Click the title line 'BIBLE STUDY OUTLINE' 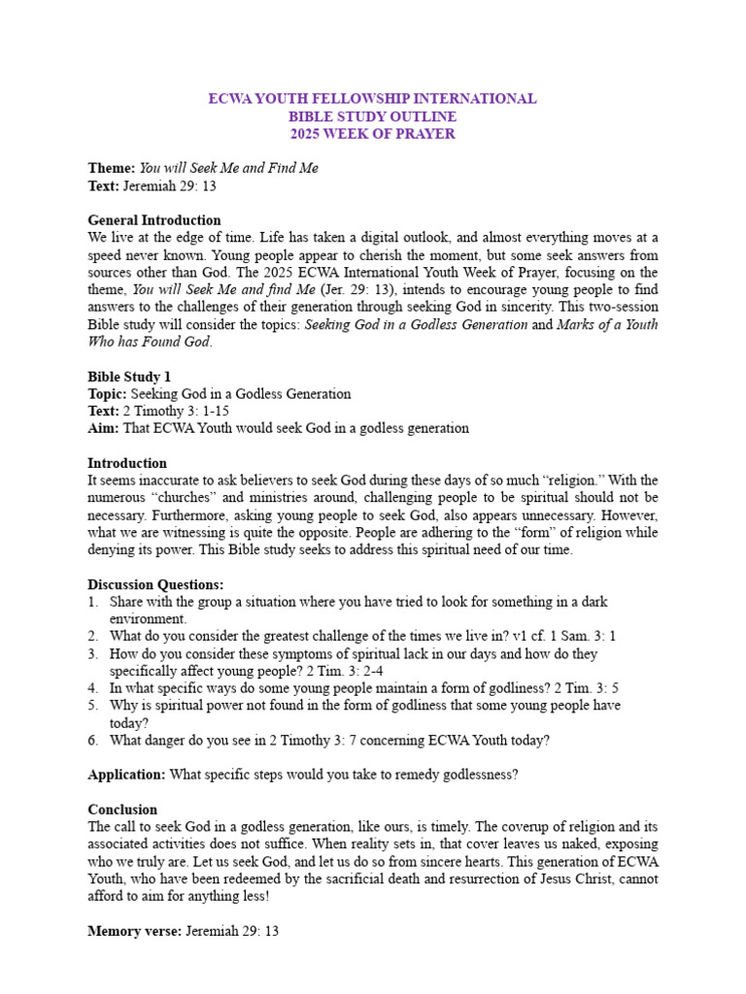(x=373, y=116)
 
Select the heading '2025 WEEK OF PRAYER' (x=373, y=134)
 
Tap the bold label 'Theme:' (x=112, y=168)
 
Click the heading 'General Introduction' (x=154, y=220)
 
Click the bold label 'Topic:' (x=108, y=394)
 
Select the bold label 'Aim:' (x=104, y=428)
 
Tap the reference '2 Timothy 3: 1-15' (x=171, y=412)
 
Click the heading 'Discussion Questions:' (x=155, y=584)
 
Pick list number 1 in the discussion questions (x=92, y=602)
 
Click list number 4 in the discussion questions (x=92, y=688)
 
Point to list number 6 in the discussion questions (x=92, y=741)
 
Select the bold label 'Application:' (x=126, y=775)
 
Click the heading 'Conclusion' (x=122, y=810)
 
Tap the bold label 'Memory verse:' (x=133, y=931)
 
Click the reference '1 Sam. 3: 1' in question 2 (x=583, y=637)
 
